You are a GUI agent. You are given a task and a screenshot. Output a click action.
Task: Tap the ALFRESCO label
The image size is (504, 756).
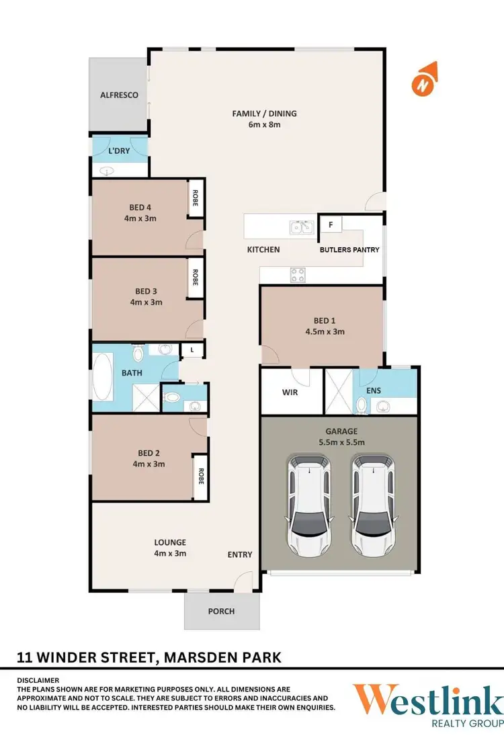[119, 95]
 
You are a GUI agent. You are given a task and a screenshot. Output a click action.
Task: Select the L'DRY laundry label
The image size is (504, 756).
[119, 151]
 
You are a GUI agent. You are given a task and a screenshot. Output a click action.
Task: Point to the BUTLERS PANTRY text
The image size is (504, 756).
[349, 250]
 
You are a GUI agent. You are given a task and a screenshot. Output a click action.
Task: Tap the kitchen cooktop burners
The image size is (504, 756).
[297, 274]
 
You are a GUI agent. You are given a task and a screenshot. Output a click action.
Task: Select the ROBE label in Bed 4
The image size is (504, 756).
[196, 199]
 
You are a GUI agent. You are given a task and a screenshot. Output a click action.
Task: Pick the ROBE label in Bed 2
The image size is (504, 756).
[200, 476]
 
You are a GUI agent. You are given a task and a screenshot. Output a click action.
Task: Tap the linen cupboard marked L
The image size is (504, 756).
[192, 350]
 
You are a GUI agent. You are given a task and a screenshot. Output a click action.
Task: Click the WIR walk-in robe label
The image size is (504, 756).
[290, 392]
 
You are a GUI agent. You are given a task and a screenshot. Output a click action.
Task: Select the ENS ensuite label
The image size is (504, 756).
[374, 390]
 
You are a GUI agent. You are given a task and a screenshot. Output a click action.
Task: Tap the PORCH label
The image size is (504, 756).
[222, 612]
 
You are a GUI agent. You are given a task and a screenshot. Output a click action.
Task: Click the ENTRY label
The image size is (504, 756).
[240, 554]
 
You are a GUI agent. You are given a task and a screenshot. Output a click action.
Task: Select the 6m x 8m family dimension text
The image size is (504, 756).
[264, 125]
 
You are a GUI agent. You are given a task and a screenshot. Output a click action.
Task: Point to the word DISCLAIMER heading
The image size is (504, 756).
[38, 680]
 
